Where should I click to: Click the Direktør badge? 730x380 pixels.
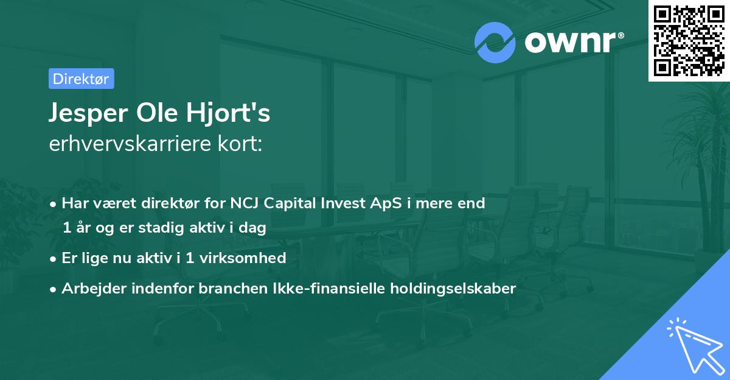(x=81, y=79)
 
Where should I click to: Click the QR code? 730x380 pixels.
(x=689, y=40)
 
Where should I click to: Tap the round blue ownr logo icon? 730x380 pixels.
(x=495, y=43)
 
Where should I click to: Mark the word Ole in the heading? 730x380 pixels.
(x=153, y=113)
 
